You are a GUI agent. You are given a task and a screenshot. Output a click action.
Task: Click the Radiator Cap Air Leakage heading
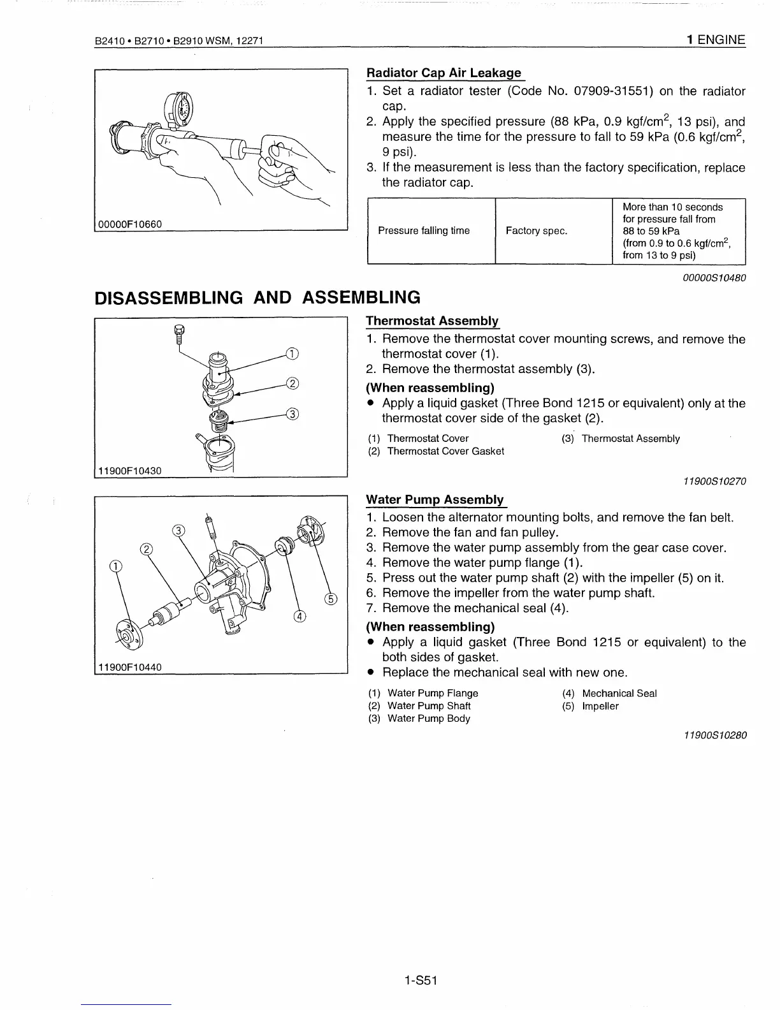[x=444, y=73]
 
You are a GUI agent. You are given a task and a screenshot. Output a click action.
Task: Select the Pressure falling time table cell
[x=424, y=231]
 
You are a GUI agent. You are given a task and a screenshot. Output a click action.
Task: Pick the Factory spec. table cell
[x=536, y=231]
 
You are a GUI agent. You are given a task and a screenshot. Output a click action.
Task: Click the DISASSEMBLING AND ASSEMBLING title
[x=257, y=297]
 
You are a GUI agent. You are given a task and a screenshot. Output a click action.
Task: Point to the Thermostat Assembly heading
[x=432, y=321]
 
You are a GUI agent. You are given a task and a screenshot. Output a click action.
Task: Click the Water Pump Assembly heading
[x=435, y=499]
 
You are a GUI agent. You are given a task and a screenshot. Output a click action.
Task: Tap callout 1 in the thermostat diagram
[x=291, y=355]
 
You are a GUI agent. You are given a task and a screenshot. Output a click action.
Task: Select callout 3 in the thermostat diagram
[x=292, y=413]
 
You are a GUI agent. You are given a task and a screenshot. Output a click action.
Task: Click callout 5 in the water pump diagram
[x=330, y=597]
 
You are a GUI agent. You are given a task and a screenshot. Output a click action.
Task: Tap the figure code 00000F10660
[x=130, y=224]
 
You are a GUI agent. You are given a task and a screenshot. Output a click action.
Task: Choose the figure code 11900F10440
[x=130, y=667]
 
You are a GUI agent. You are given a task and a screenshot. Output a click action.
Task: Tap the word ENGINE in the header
[x=721, y=40]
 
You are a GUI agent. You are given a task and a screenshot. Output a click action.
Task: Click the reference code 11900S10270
[x=714, y=481]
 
